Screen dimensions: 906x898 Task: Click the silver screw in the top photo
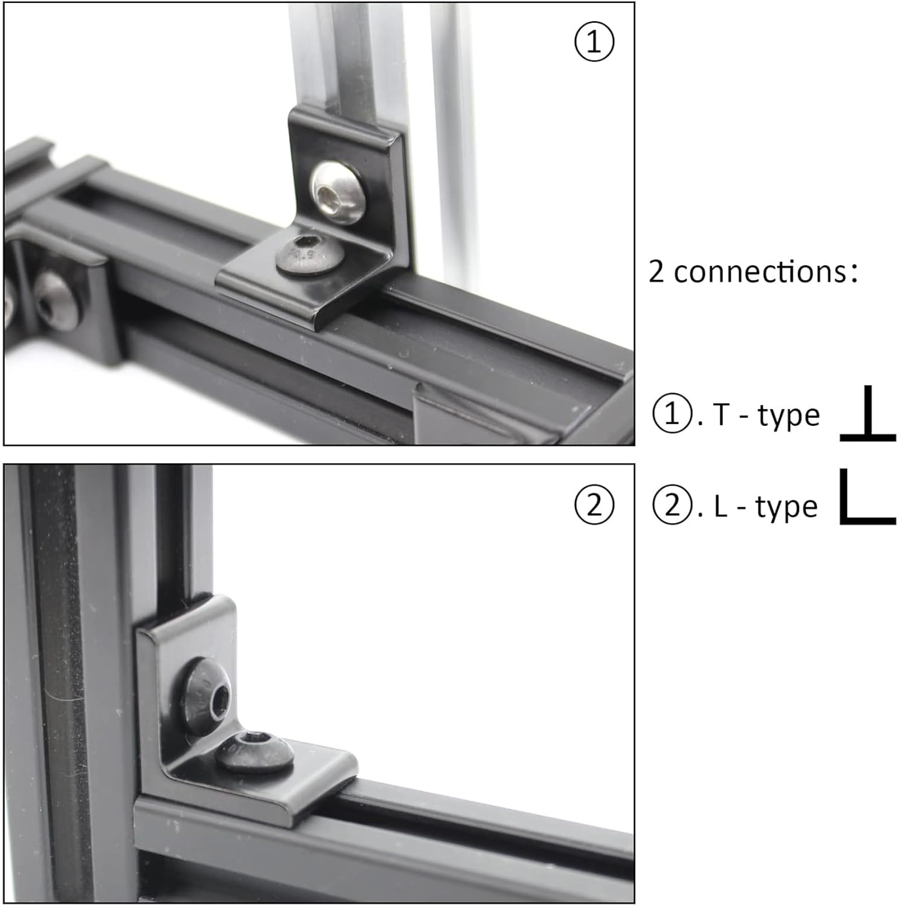click(x=338, y=192)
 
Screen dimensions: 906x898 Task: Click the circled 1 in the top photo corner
click(x=594, y=42)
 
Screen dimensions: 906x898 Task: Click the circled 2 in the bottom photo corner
click(x=594, y=505)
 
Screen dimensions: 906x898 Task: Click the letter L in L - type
click(x=720, y=507)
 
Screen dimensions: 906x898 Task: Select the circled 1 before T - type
click(x=672, y=414)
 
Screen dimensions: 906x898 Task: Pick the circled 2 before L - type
click(x=672, y=506)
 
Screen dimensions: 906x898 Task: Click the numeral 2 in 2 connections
click(x=656, y=272)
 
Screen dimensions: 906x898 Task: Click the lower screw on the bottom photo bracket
click(x=255, y=751)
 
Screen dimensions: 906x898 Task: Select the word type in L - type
click(x=787, y=508)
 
